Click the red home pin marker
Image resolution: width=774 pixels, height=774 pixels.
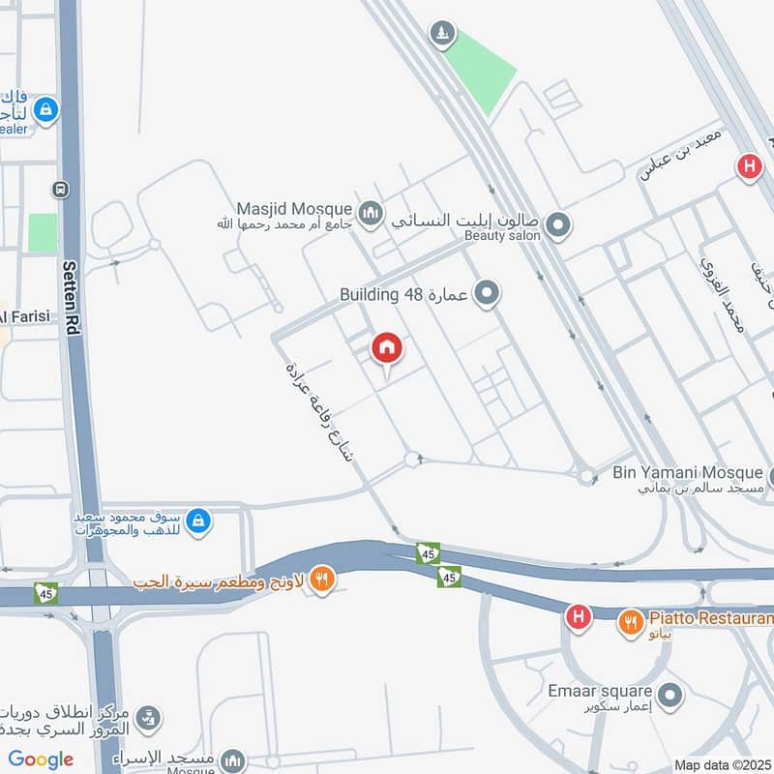point(387,348)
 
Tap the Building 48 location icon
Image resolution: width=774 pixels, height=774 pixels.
point(487,292)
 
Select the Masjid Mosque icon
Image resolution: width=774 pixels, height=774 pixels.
point(370,212)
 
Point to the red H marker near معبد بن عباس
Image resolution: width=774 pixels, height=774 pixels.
point(748,166)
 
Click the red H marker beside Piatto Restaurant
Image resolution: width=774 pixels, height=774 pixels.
point(578,616)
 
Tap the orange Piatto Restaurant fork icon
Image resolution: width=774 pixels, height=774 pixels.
point(632,622)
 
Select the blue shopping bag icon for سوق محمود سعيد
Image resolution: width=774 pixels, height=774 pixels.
point(197,521)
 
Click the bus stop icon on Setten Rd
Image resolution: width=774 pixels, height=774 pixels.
point(62,189)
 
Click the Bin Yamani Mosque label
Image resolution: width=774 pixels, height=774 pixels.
point(688,473)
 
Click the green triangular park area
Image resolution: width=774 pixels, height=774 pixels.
point(481,71)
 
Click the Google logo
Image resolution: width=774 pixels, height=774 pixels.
point(41,759)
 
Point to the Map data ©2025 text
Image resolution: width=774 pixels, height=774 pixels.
point(721,764)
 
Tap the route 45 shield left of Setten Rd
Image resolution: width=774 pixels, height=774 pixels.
point(45,592)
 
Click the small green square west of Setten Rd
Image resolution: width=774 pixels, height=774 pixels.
point(43,233)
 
